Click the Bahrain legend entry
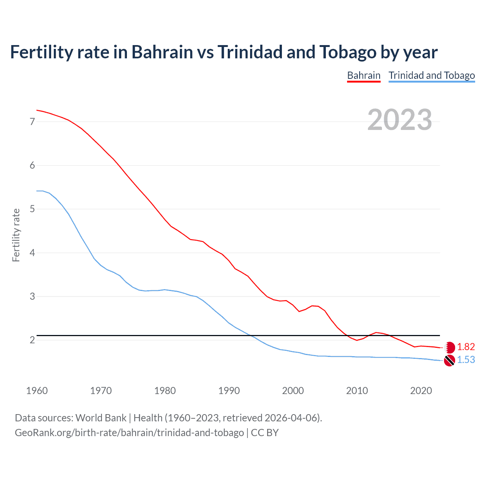coord(363,75)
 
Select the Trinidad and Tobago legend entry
coord(432,75)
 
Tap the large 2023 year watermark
coord(399,120)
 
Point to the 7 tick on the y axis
coord(32,122)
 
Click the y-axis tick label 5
coord(32,209)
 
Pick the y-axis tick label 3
coord(32,296)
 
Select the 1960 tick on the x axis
coord(37,391)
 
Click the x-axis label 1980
coord(165,391)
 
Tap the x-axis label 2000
coord(293,391)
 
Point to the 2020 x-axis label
coord(421,391)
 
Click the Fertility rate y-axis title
coord(16,235)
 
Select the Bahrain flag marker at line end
coord(449,347)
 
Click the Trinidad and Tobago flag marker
coord(449,360)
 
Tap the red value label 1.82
coord(466,347)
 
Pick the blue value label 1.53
coord(466,360)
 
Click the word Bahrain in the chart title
coord(162,52)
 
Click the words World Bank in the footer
coord(101,418)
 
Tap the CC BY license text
coord(265,433)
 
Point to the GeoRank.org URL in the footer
coord(129,433)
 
